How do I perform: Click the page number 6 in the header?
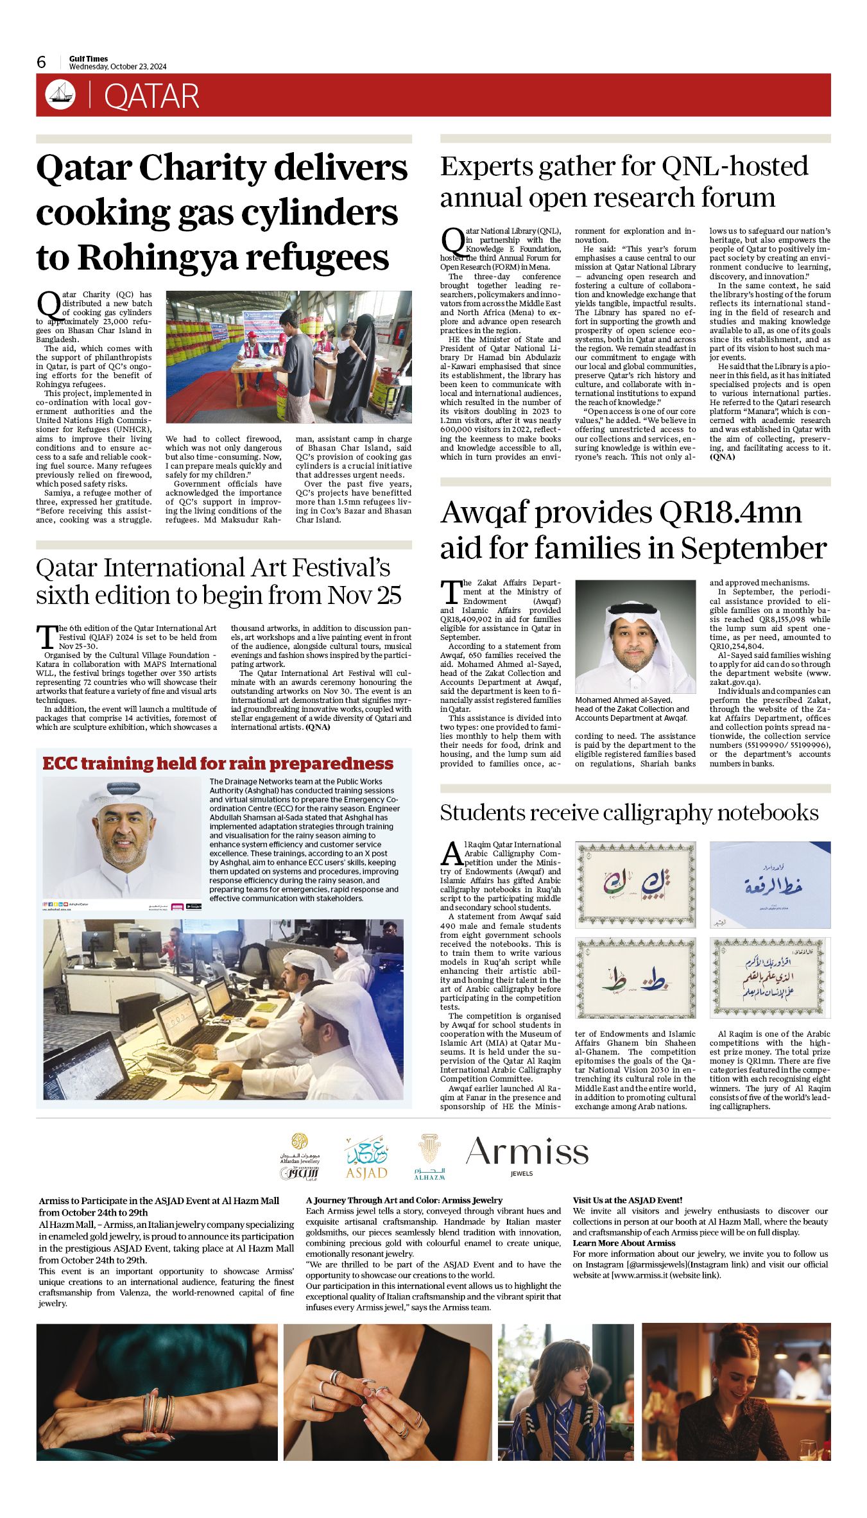coord(42,62)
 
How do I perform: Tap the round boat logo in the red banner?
coord(60,95)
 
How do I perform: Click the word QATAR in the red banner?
coord(151,96)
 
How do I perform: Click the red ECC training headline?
coord(218,763)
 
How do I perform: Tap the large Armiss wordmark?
coord(527,1152)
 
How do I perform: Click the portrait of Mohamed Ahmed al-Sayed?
coord(635,636)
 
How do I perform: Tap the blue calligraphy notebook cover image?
coord(769,884)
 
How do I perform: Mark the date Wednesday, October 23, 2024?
coord(117,67)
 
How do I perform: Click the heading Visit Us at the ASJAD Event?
coord(627,1200)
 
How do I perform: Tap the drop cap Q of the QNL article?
coord(452,240)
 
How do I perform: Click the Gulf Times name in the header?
coord(89,58)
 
